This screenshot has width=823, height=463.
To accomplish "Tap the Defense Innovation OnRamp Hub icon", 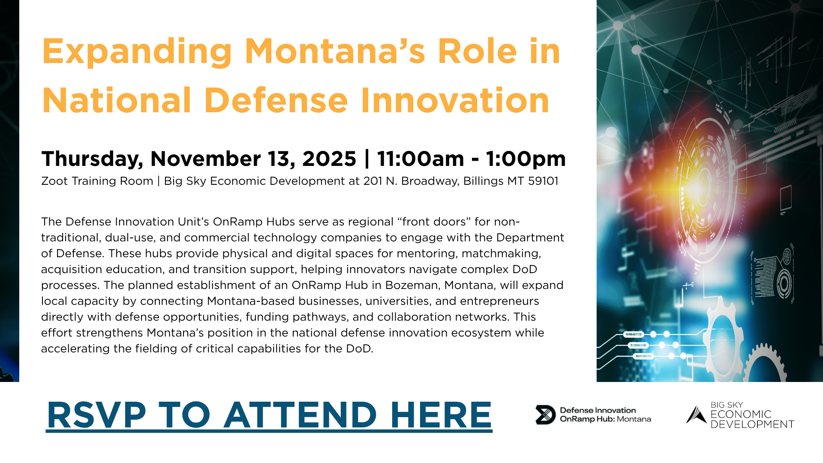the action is click(x=545, y=415).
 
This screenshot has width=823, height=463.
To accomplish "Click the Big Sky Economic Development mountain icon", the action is click(x=696, y=415).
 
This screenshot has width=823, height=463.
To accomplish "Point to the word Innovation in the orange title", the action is click(x=455, y=100).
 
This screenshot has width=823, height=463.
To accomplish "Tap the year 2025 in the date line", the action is click(x=329, y=159).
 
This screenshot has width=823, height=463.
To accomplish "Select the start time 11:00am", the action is click(x=421, y=159).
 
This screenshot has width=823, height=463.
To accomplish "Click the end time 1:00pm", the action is click(x=526, y=159).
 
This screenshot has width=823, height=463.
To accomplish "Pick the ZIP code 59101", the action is click(x=543, y=181).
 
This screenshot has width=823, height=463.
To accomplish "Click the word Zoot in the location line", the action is click(x=54, y=181).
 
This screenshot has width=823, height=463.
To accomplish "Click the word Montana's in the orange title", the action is click(x=335, y=51).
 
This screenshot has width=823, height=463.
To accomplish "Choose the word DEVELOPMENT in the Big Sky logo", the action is click(x=752, y=424).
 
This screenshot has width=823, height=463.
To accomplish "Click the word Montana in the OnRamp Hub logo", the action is click(x=634, y=419).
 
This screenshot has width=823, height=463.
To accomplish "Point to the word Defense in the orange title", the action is click(x=276, y=100).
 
